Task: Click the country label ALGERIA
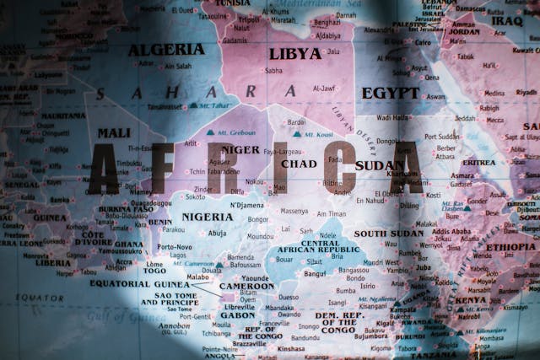165,50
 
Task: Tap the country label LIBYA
294,53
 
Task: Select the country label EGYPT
390,93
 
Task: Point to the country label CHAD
299,164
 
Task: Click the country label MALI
113,132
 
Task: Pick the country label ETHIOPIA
510,247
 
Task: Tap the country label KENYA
471,299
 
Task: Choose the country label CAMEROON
246,286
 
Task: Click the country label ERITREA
478,162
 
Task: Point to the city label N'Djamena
247,205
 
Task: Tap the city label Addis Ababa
451,231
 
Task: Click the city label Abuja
217,233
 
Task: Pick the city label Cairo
423,40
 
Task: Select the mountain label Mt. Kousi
317,134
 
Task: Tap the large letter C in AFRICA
340,168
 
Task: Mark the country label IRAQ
508,21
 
